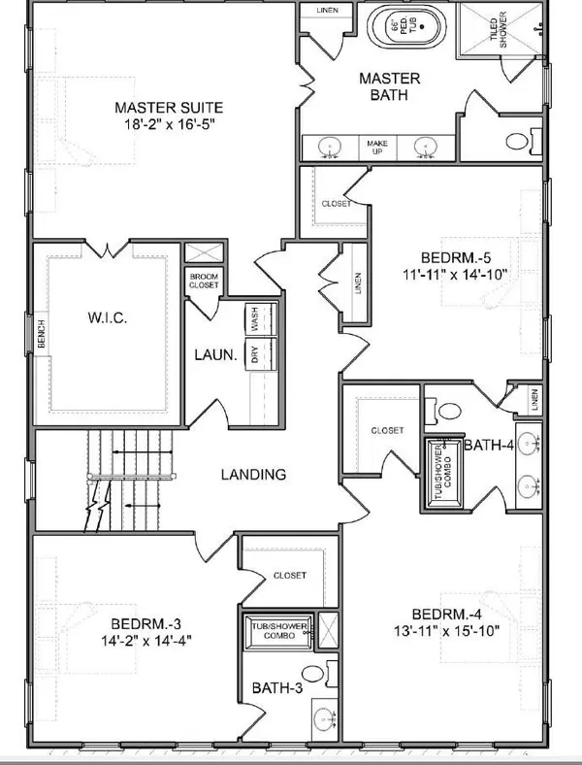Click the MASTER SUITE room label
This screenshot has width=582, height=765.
click(169, 108)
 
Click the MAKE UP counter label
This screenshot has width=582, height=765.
click(376, 147)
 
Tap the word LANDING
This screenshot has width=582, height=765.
click(253, 475)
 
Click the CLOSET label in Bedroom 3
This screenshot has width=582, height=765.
click(289, 576)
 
